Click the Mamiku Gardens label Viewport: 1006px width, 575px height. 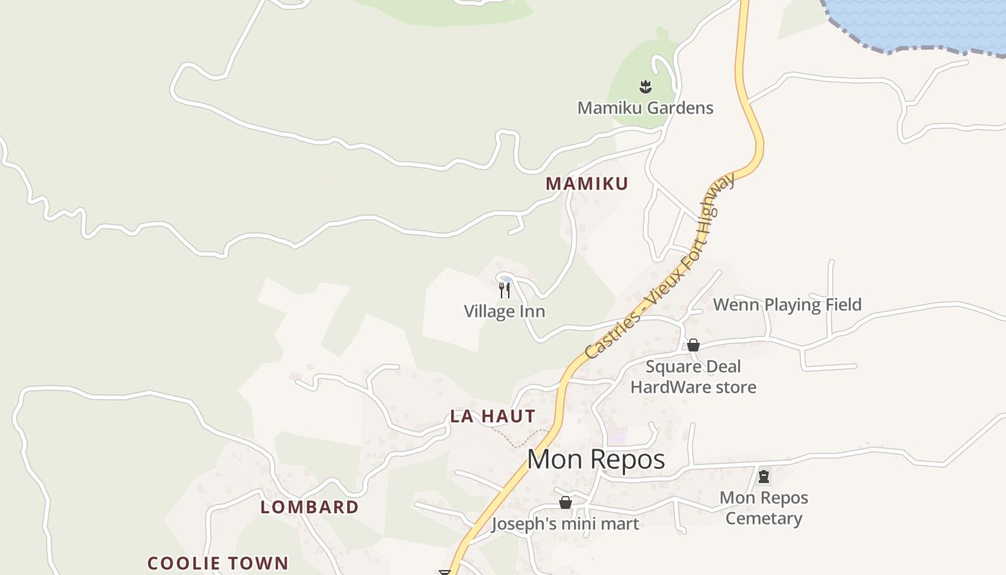point(645,108)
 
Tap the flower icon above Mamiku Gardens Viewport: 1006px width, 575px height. point(645,87)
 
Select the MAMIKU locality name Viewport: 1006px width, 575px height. point(586,183)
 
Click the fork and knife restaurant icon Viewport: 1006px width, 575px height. point(504,290)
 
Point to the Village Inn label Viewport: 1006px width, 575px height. point(504,311)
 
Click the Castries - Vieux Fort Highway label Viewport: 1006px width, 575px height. point(660,267)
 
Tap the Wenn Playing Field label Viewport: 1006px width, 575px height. point(787,305)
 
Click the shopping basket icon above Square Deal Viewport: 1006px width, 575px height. point(693,345)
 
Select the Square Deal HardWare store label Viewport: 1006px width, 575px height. point(693,377)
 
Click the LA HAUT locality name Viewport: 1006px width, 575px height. point(493,415)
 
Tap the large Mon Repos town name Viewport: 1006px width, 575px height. point(596,459)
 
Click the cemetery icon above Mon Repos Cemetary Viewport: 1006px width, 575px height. point(764,476)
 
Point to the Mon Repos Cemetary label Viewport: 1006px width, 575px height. point(764,507)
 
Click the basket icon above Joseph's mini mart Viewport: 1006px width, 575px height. point(566,502)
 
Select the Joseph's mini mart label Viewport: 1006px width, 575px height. point(565,524)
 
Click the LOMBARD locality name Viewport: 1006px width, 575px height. point(310,507)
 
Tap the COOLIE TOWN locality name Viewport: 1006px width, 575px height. point(218,563)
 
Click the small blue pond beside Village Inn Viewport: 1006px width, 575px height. point(506,279)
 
